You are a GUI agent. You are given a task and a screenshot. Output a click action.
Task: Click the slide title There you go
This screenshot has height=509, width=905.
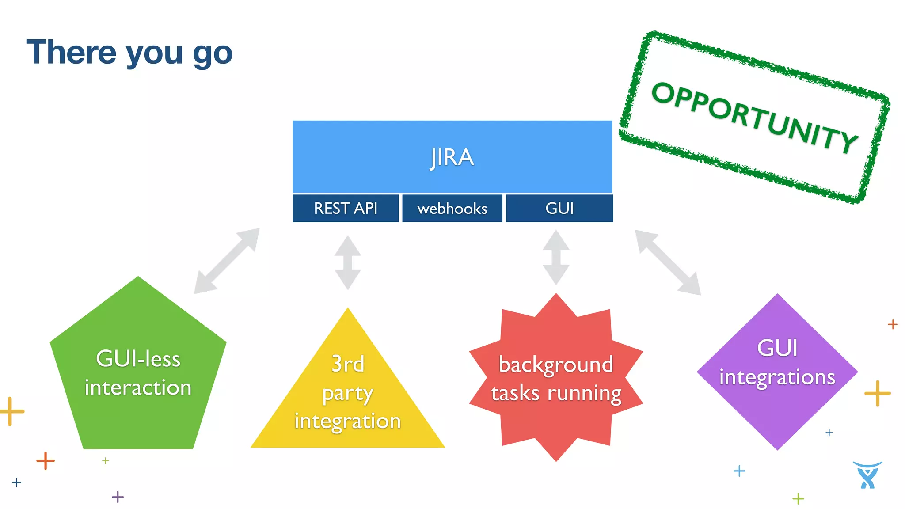129,53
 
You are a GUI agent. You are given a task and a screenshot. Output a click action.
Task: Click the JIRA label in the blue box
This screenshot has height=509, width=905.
452,157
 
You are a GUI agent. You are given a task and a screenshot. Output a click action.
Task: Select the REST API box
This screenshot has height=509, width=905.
346,208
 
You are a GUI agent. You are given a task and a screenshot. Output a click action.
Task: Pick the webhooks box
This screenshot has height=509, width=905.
452,208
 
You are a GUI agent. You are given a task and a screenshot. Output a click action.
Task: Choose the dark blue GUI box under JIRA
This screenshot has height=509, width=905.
559,208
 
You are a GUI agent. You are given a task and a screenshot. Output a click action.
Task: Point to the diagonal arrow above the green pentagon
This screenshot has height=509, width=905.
227,261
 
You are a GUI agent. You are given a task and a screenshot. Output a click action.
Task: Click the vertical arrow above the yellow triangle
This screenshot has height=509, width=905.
348,262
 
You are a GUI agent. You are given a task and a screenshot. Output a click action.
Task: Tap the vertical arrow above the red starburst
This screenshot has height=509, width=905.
556,258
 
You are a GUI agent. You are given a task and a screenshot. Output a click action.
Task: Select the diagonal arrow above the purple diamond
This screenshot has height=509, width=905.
668,262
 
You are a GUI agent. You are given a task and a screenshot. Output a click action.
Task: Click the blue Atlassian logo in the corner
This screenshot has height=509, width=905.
867,475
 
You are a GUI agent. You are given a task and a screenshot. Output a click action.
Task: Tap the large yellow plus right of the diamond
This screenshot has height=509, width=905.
877,393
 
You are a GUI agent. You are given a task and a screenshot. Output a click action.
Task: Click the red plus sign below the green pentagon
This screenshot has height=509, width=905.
46,461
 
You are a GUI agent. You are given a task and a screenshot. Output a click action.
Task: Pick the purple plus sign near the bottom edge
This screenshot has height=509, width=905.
118,497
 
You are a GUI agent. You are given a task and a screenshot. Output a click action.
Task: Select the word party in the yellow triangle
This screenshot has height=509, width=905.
348,393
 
